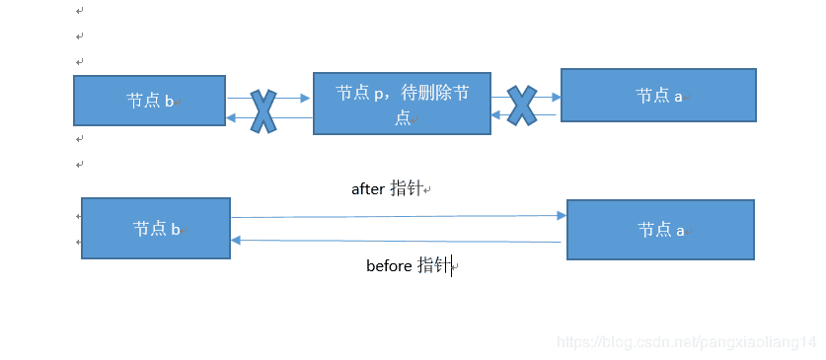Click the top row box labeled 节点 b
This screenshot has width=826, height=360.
pos(149,101)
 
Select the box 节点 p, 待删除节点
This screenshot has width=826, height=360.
pos(402,103)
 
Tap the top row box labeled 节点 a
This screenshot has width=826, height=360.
pos(658,95)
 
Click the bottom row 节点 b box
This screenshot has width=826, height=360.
pos(156,228)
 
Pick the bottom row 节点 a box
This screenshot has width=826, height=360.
pos(660,229)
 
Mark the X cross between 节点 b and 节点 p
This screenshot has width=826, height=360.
pos(263,110)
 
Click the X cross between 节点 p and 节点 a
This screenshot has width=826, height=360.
pos(522,106)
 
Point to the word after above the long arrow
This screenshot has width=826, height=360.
pos(367,188)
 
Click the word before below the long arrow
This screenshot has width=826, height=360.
pos(389,265)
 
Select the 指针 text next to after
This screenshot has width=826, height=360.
pos(406,188)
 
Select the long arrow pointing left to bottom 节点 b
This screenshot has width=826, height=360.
pos(395,241)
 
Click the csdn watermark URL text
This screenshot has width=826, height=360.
pos(687,341)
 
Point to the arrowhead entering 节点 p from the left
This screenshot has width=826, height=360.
pos(305,98)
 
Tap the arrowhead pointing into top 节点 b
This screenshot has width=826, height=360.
pos(232,118)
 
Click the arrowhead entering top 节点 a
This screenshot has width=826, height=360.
pos(556,97)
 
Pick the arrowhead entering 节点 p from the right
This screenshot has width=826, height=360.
pos(497,116)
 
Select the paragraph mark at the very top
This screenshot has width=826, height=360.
pos(79,11)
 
